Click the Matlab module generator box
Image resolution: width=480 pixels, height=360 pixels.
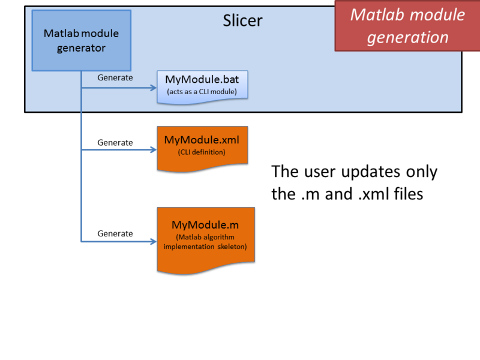pos(81,40)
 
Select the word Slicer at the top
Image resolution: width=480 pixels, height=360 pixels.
pos(242,21)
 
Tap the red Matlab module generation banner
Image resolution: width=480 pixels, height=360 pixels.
pos(407,26)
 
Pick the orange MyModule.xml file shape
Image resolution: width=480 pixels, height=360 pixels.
pos(202,147)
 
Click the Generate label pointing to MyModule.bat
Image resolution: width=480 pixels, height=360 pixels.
pos(115,77)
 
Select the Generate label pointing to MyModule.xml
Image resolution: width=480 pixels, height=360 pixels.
pos(115,142)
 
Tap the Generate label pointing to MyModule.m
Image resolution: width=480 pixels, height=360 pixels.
pos(115,233)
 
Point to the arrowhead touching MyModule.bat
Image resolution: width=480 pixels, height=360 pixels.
pos(152,88)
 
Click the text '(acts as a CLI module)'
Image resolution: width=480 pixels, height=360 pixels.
pos(202,92)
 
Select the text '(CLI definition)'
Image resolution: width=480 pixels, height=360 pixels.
pos(202,152)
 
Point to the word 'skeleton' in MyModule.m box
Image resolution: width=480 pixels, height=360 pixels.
pos(231,247)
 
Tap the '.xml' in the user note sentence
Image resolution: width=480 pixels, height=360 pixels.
pos(373,194)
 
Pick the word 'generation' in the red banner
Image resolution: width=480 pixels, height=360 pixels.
pos(407,37)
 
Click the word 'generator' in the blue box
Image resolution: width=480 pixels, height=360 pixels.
pos(81,47)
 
